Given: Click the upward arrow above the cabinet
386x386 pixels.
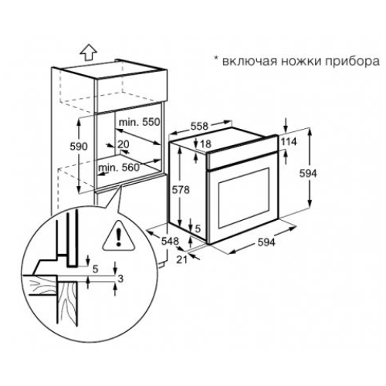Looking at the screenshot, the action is tap(88, 52).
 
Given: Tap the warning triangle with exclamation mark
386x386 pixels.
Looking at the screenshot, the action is tap(119, 235).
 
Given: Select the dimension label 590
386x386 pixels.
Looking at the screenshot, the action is tap(79, 147).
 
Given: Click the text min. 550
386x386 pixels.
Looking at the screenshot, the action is tap(140, 122).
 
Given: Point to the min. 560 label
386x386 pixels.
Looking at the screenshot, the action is tap(119, 168).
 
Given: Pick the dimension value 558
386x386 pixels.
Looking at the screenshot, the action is tap(199, 126).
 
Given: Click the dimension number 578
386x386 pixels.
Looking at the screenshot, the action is tap(181, 190).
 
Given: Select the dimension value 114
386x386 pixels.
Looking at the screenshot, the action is tap(289, 141).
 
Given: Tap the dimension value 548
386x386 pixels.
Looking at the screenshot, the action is tap(170, 241).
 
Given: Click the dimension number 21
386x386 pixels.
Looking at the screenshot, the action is tap(182, 260).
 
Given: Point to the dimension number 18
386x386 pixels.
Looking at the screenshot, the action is tap(205, 144).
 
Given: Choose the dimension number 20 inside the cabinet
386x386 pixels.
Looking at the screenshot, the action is tap(124, 144).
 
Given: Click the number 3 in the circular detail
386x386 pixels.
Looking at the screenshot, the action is tap(120, 279).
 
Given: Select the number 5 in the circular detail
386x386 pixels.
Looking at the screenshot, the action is tap(96, 269).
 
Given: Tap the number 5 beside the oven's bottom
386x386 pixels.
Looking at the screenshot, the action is tap(198, 229).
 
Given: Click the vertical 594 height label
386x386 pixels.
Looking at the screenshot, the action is tap(308, 174).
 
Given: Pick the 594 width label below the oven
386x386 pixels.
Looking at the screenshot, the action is tap(266, 242).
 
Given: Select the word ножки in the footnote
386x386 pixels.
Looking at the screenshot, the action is tap(301, 61).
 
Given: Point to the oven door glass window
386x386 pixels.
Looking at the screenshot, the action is tap(244, 198).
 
